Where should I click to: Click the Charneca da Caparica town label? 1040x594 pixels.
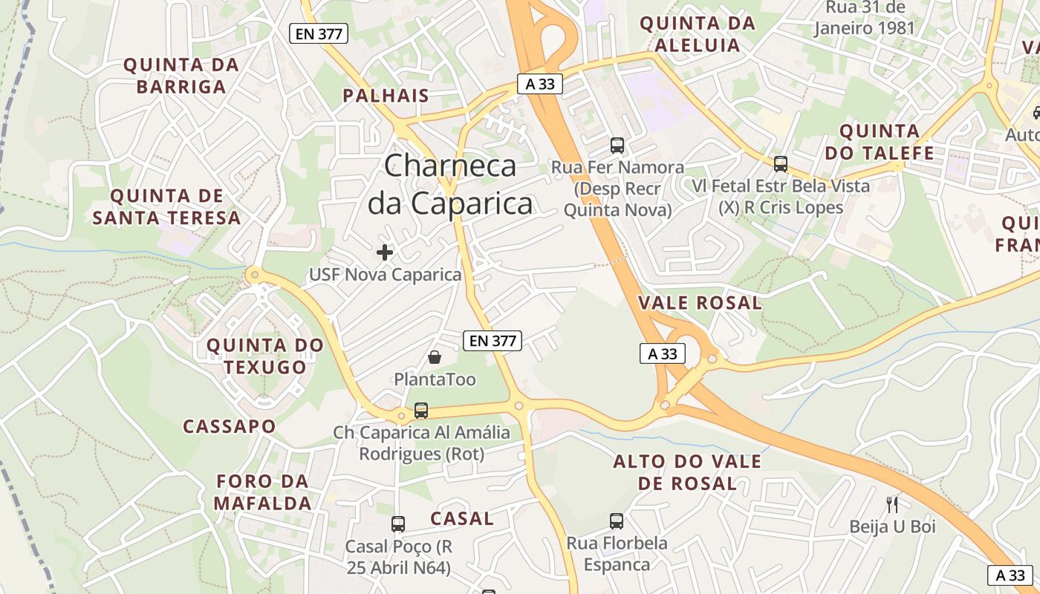(450, 183)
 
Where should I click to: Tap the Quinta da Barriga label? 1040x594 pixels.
(181, 76)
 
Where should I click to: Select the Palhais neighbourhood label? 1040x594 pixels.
(386, 95)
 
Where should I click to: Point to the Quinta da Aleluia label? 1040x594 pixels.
(697, 34)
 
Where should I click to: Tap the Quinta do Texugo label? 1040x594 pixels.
(265, 356)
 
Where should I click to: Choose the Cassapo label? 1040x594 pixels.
(230, 426)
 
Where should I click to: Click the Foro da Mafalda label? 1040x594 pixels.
(262, 492)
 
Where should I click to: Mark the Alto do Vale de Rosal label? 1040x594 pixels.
(687, 472)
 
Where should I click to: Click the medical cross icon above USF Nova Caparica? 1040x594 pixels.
(385, 252)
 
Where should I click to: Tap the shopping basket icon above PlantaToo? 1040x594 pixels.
(435, 358)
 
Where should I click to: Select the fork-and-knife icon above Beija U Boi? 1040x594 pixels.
(892, 505)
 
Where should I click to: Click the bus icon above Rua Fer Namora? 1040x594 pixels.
(617, 146)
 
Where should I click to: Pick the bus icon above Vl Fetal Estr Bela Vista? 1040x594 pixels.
(780, 164)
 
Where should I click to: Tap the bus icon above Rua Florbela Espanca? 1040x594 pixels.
(616, 521)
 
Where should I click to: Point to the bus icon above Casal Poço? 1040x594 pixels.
(398, 524)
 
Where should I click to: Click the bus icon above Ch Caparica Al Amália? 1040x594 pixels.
(421, 410)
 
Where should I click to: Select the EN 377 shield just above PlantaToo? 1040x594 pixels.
(493, 341)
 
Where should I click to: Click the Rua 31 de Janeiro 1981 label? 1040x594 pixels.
(865, 18)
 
